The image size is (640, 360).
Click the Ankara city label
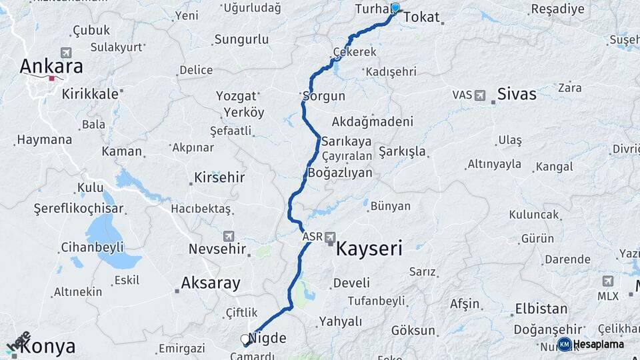(x=51, y=66)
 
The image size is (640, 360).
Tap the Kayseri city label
(x=369, y=249)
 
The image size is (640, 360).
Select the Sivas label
(x=517, y=94)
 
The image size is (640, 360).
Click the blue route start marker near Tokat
(x=395, y=8)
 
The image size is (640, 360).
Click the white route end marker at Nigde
(x=245, y=339)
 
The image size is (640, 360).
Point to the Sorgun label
(x=325, y=96)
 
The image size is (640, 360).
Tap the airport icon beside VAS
(x=479, y=95)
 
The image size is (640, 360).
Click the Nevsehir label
(x=218, y=249)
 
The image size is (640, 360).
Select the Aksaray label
(x=211, y=283)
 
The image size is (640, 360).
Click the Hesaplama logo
(x=592, y=344)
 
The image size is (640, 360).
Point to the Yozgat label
(x=236, y=96)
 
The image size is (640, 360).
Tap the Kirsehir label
(x=219, y=178)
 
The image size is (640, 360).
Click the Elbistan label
(x=541, y=309)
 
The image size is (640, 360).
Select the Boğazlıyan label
(x=341, y=172)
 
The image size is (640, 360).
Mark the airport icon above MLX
(x=607, y=281)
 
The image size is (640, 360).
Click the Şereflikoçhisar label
(x=79, y=209)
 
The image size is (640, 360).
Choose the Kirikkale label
(x=90, y=94)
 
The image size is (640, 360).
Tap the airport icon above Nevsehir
(x=229, y=236)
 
